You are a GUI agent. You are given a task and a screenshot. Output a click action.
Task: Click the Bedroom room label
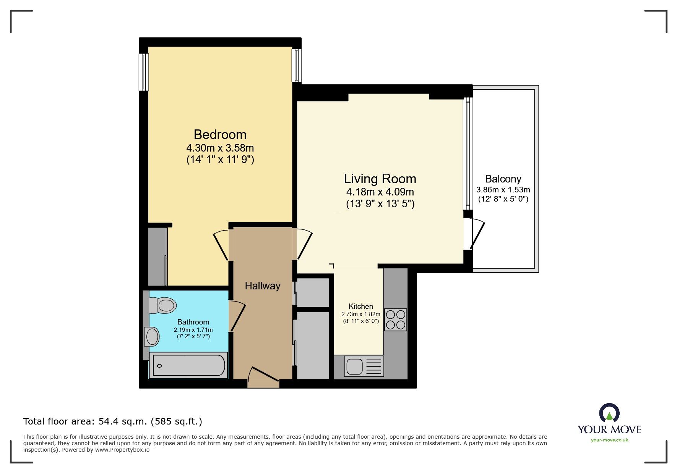point(220,134)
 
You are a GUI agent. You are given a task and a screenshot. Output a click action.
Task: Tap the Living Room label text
point(380,179)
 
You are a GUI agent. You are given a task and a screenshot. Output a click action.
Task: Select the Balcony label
point(503,179)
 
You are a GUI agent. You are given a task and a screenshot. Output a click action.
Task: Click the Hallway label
point(263,286)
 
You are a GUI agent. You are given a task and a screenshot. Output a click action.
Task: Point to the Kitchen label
point(360,306)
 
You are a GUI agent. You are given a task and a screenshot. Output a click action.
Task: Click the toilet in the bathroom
point(163,305)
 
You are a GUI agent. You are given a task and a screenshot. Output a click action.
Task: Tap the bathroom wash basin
point(152,337)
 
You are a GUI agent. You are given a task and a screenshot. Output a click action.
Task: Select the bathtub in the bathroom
point(189,366)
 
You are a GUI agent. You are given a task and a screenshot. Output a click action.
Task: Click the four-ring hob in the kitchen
point(395,320)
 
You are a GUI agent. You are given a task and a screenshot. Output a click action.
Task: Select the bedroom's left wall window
point(144,72)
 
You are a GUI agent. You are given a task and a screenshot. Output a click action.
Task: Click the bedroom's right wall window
point(297,65)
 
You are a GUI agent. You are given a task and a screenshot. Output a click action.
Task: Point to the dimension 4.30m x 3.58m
point(220,148)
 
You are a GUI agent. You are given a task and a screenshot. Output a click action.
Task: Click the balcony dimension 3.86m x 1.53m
point(503,190)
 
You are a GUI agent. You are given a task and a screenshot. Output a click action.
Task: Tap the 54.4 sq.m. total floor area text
point(113,421)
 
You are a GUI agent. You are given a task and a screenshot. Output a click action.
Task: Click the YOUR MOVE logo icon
point(609,413)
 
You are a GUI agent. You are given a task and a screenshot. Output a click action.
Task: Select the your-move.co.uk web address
point(609,440)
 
